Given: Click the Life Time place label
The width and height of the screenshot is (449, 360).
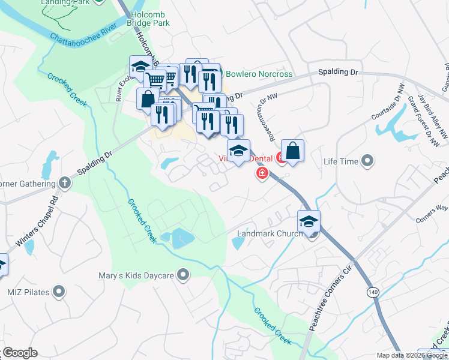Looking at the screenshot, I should pyautogui.click(x=340, y=161).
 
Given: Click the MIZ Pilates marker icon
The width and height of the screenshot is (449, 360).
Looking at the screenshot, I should pyautogui.click(x=59, y=292).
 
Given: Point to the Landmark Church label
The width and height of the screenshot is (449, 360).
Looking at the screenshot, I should pyautogui.click(x=270, y=234).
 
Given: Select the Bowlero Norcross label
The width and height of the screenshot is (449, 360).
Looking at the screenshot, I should pyautogui.click(x=259, y=74).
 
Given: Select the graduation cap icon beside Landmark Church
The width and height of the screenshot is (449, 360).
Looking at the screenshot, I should pyautogui.click(x=309, y=222).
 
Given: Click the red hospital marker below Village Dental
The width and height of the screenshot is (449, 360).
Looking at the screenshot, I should pyautogui.click(x=262, y=174).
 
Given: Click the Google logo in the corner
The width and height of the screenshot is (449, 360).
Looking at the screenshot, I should pyautogui.click(x=19, y=353).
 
